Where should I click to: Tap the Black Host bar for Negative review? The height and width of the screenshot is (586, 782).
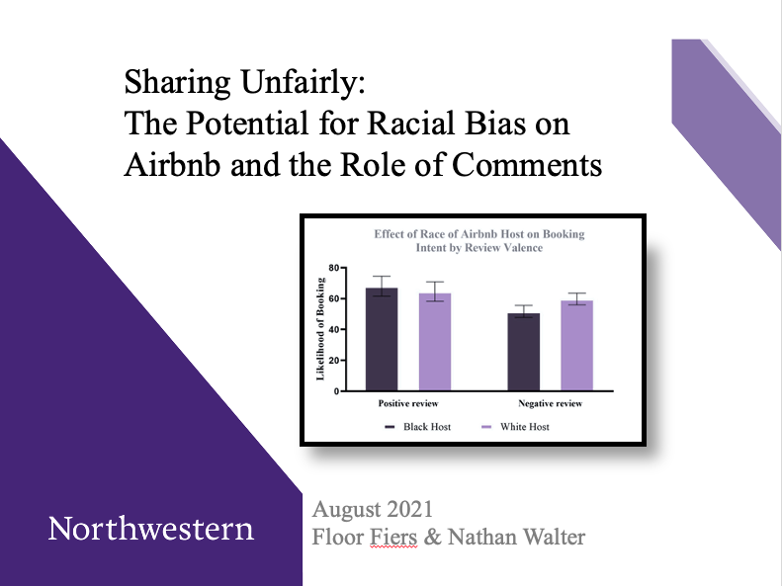click(523, 352)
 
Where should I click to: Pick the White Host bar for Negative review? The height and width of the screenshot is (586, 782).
click(575, 345)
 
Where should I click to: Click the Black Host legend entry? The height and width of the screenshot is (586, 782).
click(415, 427)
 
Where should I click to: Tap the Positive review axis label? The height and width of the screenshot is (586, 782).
click(407, 404)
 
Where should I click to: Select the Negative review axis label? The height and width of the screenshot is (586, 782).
click(550, 404)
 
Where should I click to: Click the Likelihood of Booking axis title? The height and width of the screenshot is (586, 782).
click(320, 328)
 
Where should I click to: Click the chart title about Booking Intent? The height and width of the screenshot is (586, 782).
click(478, 240)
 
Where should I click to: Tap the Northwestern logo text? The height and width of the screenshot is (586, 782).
click(150, 529)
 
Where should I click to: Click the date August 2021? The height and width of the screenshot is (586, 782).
click(372, 511)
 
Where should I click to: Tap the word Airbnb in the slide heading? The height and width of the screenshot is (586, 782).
click(176, 165)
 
